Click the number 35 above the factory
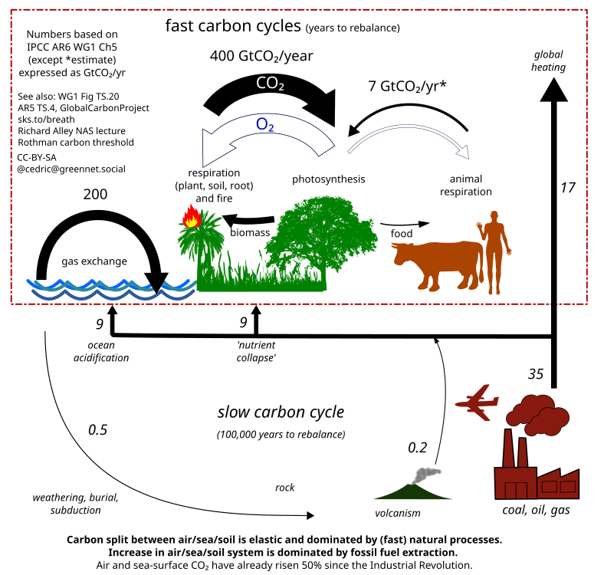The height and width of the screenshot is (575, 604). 536,374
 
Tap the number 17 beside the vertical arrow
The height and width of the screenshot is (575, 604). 568,186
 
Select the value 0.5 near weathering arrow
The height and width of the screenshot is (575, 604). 97,429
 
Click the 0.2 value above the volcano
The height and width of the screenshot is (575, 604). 417,447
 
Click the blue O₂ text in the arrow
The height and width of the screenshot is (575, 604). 265,125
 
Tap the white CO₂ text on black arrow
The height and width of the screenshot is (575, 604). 270,84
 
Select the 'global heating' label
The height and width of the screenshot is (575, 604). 550,61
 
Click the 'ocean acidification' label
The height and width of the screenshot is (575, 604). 101,351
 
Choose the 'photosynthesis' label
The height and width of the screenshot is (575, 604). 328,179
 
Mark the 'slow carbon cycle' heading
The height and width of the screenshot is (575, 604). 281,412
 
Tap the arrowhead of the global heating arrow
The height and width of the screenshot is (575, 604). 553,90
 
